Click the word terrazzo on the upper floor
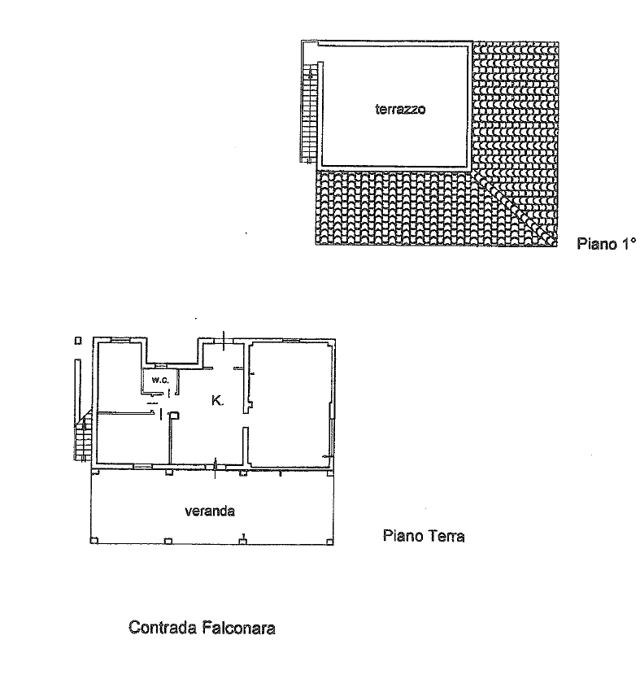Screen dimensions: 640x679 click(400, 109)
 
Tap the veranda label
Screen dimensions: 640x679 click(210, 511)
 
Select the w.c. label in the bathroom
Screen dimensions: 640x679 click(159, 381)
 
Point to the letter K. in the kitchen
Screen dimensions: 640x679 click(217, 401)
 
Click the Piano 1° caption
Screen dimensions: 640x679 click(606, 243)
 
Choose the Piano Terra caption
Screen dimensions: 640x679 click(424, 536)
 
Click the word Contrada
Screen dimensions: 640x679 click(163, 628)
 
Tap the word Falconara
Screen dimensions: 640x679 click(238, 628)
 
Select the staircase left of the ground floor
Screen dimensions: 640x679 click(84, 434)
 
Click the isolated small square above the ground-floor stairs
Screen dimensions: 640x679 click(78, 341)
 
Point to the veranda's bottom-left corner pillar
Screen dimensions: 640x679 click(94, 541)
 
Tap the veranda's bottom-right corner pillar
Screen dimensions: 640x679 click(330, 541)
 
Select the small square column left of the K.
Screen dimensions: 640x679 click(174, 416)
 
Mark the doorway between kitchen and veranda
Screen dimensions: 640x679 click(216, 465)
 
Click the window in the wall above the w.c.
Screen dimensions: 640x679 click(161, 364)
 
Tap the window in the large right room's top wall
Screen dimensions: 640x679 click(291, 341)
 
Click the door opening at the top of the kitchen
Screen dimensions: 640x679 click(224, 341)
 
